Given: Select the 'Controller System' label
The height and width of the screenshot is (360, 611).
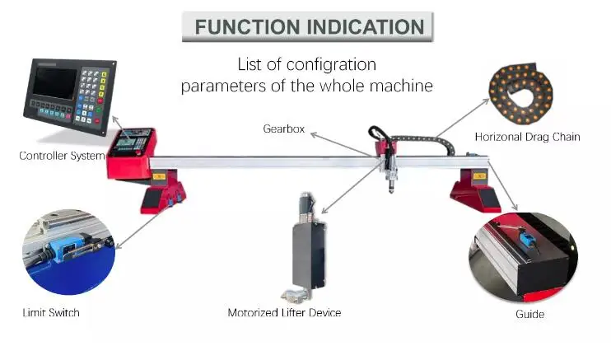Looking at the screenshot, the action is tap(62, 156).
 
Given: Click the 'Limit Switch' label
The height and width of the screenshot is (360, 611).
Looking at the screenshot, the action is tap(51, 313).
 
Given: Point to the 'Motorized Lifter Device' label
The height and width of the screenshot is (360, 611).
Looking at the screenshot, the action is tap(284, 313).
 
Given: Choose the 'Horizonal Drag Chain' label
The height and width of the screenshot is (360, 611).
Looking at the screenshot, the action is tap(527, 137).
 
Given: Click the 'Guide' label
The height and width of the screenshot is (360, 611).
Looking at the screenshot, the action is tap(530, 314).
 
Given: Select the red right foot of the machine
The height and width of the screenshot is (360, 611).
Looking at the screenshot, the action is tap(473, 189).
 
